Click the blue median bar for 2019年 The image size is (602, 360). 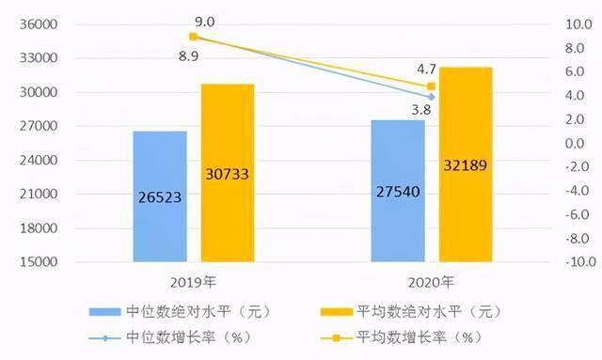[160, 196]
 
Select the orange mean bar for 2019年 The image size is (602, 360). [228, 173]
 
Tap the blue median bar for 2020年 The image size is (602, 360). [398, 191]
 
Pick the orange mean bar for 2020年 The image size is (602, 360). [466, 164]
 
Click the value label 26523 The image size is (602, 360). [160, 197]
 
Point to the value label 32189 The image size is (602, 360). [466, 165]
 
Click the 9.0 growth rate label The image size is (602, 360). [205, 22]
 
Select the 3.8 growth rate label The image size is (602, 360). [421, 110]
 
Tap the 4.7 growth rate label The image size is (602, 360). [426, 69]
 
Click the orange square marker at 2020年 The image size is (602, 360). [431, 86]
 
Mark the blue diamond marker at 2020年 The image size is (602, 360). [431, 97]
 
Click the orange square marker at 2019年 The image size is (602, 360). [193, 37]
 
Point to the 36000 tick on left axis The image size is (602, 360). [39, 24]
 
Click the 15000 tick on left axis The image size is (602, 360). [39, 262]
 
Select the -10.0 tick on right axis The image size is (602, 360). [581, 262]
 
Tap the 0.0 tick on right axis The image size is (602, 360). [575, 144]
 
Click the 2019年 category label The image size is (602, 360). [193, 283]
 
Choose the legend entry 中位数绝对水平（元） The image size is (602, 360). [180, 311]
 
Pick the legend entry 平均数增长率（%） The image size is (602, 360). [402, 337]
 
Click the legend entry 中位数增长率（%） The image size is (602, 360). [171, 337]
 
